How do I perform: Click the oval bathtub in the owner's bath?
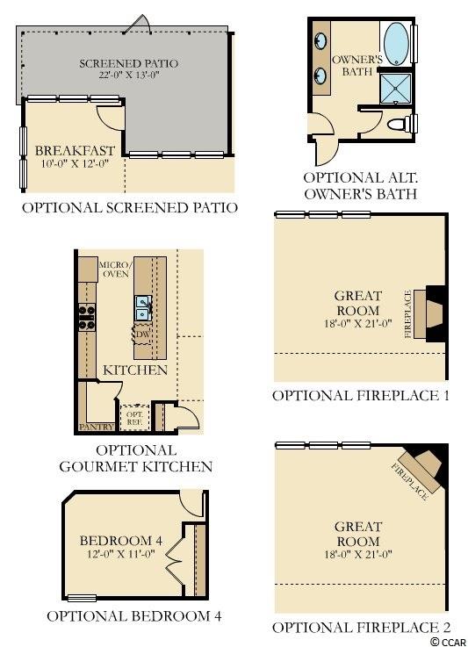[x=396, y=44]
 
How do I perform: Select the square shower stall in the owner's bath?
[x=395, y=89]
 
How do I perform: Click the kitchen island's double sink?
[x=143, y=308]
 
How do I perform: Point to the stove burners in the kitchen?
[x=87, y=317]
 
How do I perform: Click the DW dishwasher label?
[x=142, y=334]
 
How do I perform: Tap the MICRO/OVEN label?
[x=116, y=269]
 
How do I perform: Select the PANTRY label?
[x=97, y=427]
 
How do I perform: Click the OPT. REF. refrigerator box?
[x=135, y=418]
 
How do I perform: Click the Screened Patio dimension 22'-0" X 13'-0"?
[x=129, y=75]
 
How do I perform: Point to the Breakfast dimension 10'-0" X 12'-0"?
[x=75, y=163]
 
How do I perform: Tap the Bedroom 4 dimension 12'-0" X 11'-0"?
[x=120, y=553]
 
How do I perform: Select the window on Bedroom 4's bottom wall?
[x=82, y=598]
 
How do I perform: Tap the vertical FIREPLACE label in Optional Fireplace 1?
[x=407, y=314]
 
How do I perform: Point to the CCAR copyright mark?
[x=449, y=642]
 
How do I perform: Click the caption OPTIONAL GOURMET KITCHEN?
[x=136, y=458]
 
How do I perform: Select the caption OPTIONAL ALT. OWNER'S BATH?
[x=361, y=186]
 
